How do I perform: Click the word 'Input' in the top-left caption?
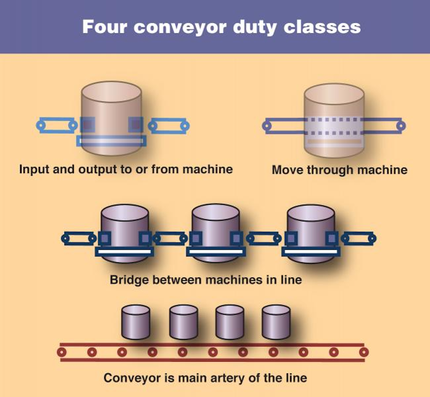coord(34,169)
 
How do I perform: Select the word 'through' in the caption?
coord(330,170)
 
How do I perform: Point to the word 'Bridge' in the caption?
coord(129,280)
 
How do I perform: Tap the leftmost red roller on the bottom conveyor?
coord(62,352)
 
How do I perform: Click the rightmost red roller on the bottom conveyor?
coord(364,352)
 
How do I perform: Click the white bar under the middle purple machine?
coord(216,252)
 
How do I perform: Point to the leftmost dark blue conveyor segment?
coord(79,238)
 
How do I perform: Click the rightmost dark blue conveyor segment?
coord(358,238)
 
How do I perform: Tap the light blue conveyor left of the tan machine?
coord(57,125)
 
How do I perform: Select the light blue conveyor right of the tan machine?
coord(169,126)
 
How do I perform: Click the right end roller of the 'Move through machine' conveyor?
coord(401,126)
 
